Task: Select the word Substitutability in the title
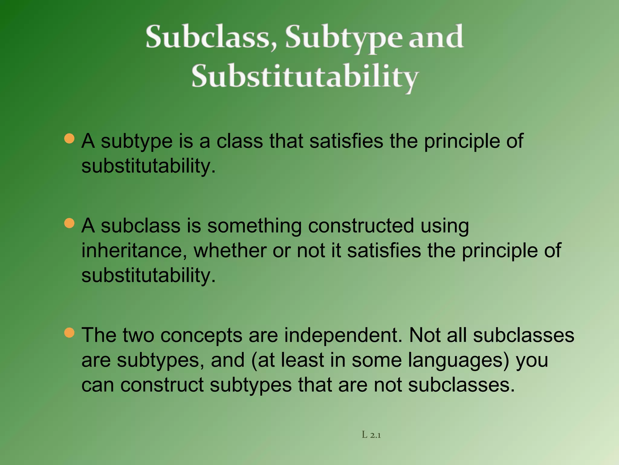point(305,76)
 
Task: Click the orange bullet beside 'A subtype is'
point(70,139)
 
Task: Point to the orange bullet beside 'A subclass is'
point(70,223)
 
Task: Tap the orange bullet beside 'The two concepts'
point(70,333)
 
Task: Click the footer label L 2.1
point(371,435)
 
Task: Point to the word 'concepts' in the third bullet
point(201,335)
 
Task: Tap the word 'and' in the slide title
point(436,37)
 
